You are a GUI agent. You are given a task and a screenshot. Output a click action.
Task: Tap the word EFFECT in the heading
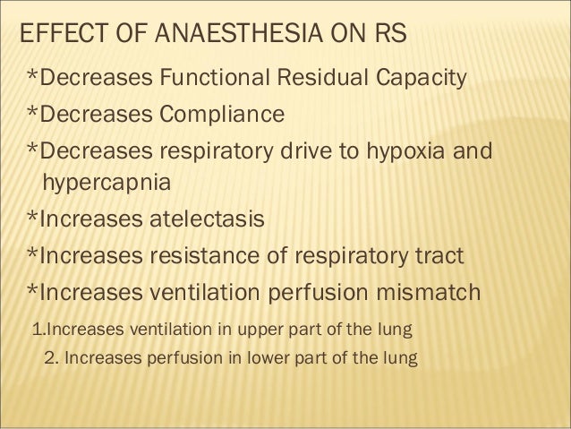click(x=56, y=37)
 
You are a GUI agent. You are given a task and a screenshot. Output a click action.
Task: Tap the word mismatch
click(x=424, y=293)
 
